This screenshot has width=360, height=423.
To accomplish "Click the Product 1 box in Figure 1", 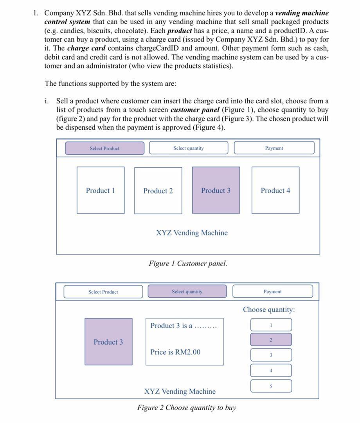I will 101,190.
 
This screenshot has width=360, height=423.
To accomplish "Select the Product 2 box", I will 158,191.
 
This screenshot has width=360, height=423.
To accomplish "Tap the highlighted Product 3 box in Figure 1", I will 216,190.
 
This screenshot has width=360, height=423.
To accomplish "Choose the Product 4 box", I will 275,190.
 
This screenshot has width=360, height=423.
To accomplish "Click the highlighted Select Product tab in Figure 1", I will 104,148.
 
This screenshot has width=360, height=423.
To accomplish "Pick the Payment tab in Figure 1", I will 274,148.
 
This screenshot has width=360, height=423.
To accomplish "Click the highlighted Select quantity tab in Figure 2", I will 187,291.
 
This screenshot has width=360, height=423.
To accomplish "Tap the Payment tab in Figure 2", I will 273,291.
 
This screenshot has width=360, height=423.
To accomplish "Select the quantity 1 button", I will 271,325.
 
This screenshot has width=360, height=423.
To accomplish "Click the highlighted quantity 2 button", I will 271,340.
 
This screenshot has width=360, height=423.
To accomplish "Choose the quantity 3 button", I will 271,355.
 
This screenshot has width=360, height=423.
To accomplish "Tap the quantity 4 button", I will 271,370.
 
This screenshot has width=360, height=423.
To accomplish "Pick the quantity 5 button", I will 271,386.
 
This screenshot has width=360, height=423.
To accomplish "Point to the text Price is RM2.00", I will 175,352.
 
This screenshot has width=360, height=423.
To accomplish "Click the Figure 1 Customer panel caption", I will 188,263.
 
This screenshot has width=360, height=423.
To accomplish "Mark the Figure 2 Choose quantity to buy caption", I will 187,408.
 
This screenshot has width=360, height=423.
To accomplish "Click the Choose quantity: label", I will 269,309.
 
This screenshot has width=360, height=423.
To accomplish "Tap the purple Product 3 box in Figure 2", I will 108,342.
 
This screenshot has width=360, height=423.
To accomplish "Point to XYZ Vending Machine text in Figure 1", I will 192,233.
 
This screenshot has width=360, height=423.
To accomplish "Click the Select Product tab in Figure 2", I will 103,291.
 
